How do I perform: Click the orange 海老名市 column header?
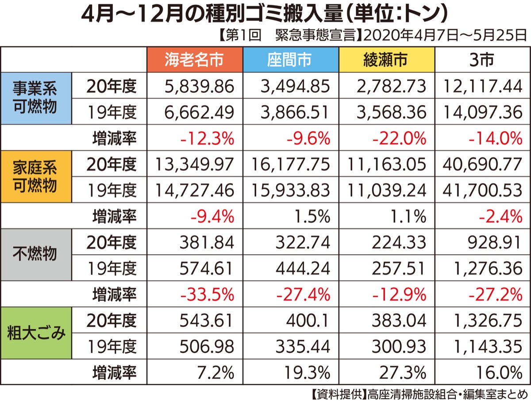[194, 60]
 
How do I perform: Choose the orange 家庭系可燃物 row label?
[35, 176]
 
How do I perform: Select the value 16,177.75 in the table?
[291, 164]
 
